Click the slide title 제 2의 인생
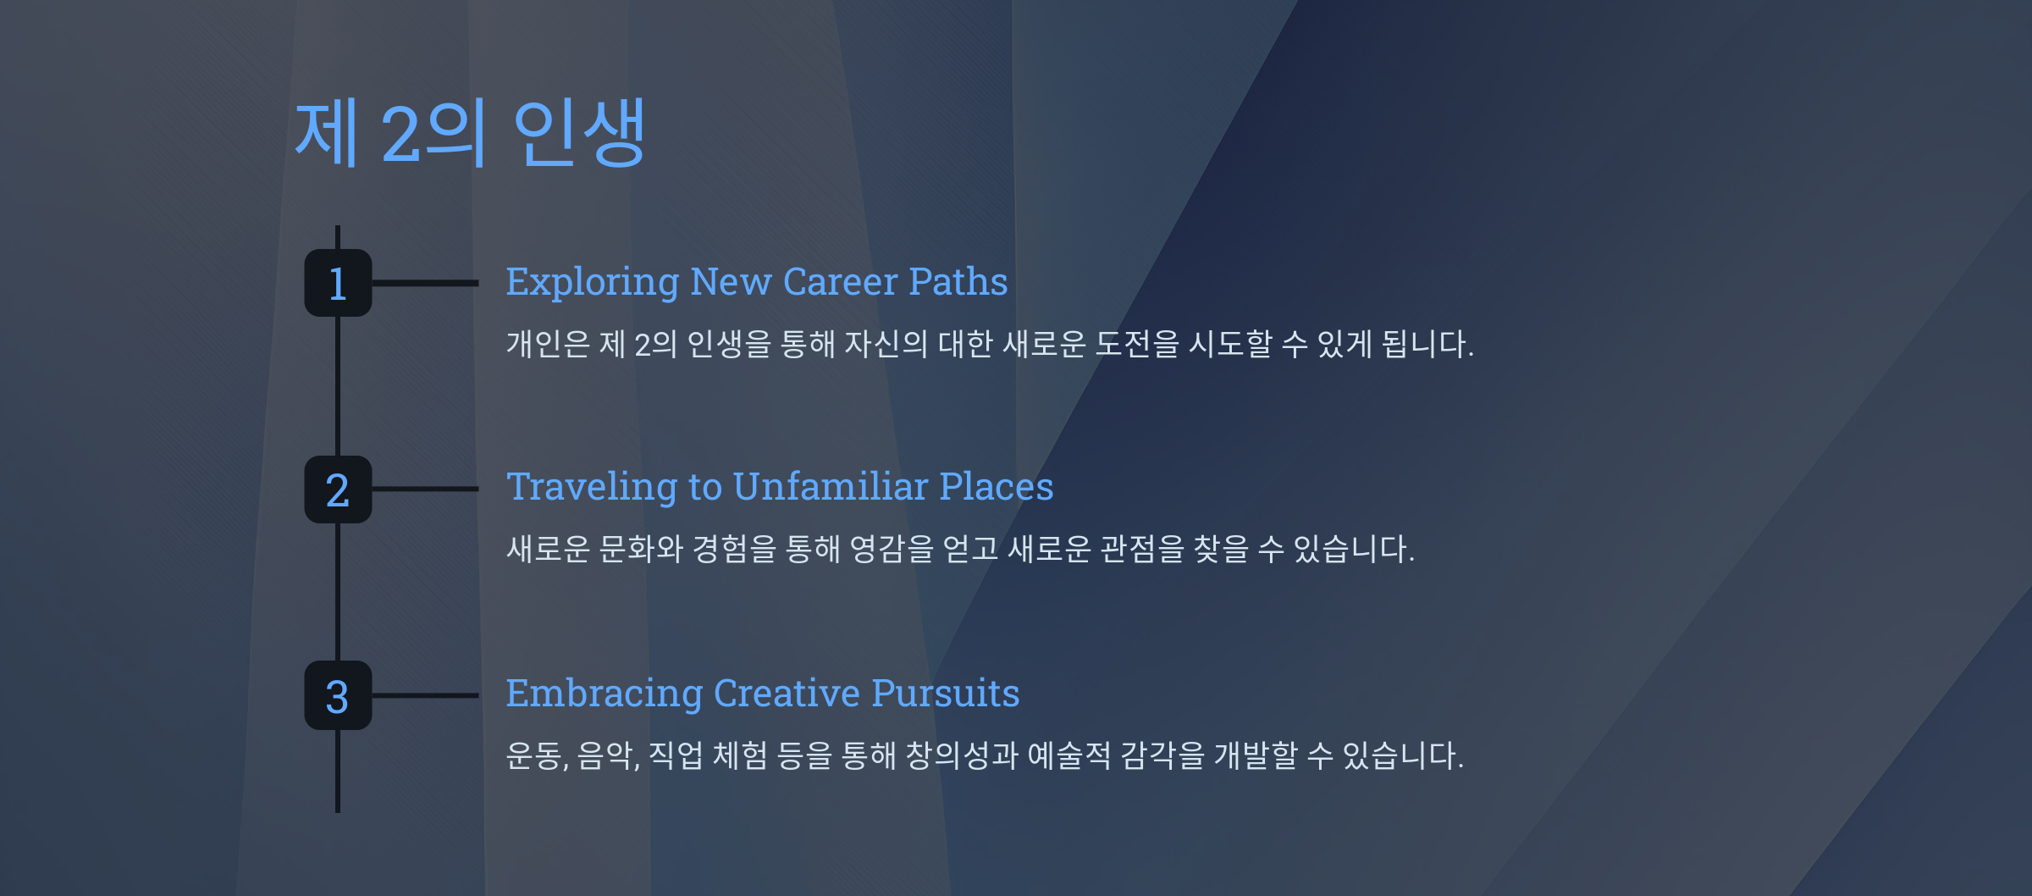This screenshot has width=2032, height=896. point(470,132)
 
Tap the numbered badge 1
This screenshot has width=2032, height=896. point(338,283)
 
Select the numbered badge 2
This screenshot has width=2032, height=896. point(338,489)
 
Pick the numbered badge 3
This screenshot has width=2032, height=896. point(338,695)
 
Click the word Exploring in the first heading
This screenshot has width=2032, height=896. point(593,283)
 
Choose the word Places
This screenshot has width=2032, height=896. point(997,487)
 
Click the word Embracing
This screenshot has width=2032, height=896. point(605,694)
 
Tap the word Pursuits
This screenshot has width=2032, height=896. point(946,694)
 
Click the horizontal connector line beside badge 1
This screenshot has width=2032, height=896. point(425,283)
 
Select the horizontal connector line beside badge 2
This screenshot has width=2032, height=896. point(425,489)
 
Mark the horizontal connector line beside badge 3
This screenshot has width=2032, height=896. point(425,695)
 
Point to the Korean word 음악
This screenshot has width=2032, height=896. point(606,755)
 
